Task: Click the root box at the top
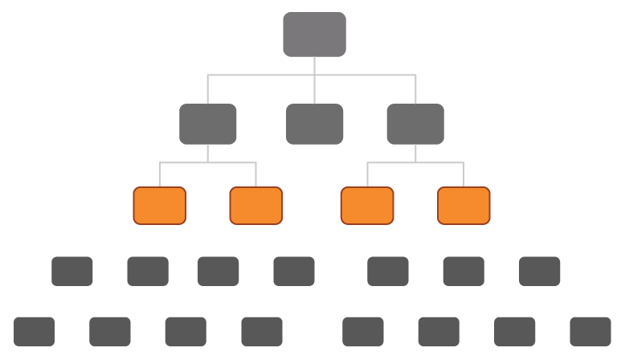pos(314,35)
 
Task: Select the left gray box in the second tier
pos(207,124)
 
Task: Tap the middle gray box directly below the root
pos(314,124)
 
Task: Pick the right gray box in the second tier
pos(415,124)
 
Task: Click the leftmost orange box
pos(159,205)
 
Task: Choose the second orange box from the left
pos(255,205)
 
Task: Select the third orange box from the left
pos(367,205)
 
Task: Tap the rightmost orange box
pos(464,205)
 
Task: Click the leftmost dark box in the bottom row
pos(34,331)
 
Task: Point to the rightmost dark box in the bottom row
pos(590,331)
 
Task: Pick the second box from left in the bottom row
pos(110,331)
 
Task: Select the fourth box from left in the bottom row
pos(262,331)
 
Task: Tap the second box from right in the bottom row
pos(515,331)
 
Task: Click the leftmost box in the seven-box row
pos(72,272)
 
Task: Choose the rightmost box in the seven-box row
pos(540,272)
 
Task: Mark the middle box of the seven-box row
pos(294,272)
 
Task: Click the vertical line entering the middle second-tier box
pos(314,90)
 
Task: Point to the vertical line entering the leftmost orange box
pos(159,174)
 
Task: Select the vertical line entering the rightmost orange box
pos(464,174)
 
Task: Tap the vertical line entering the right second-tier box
pos(415,90)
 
